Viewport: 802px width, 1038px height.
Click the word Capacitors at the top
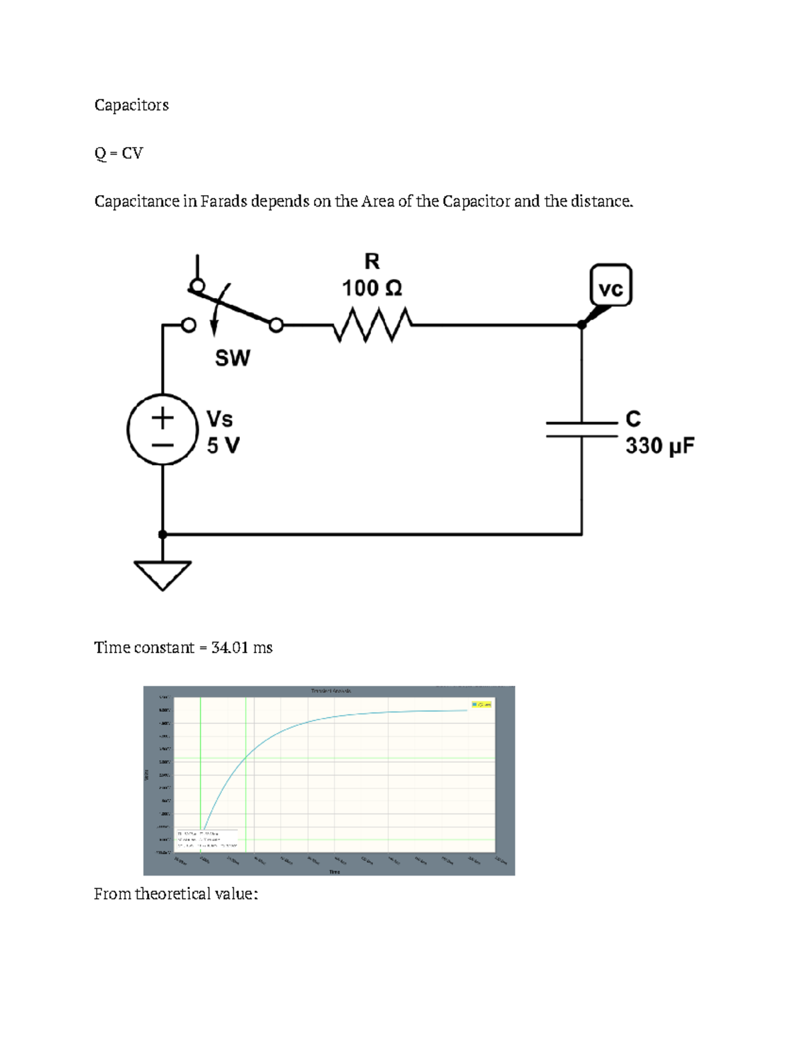click(131, 105)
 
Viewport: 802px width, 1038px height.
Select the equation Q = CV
click(118, 153)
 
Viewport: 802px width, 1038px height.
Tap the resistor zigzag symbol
click(372, 325)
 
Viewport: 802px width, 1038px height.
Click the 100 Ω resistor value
click(372, 288)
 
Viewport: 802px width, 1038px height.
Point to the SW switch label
click(233, 358)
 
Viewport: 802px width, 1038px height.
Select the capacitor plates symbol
click(581, 429)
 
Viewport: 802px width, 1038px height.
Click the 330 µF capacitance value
click(660, 446)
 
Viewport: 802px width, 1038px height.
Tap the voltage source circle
click(162, 430)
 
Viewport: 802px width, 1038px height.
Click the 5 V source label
click(223, 445)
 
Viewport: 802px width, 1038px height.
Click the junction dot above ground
click(162, 534)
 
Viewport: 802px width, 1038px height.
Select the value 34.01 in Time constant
click(229, 648)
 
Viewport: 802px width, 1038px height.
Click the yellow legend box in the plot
click(482, 704)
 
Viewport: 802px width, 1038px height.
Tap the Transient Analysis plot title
click(330, 690)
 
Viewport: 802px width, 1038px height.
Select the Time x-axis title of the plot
click(334, 872)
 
